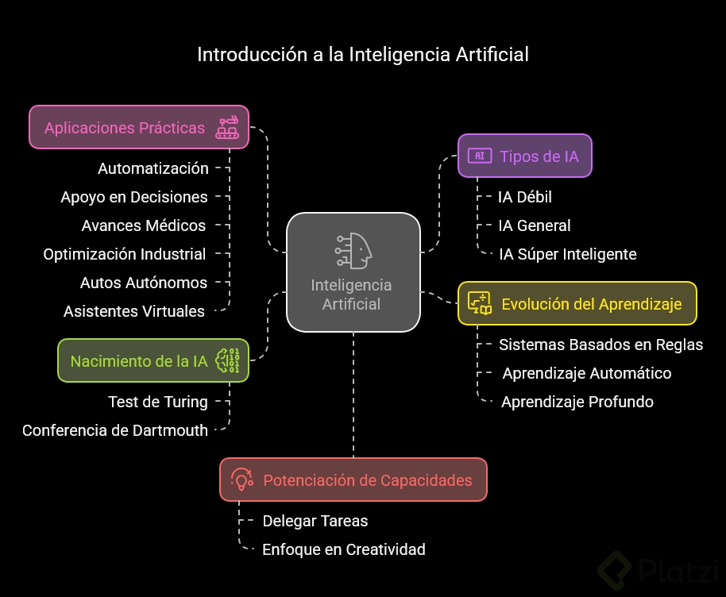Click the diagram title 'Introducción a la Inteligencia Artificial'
tap(362, 55)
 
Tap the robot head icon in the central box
tap(353, 250)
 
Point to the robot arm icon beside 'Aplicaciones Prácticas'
tap(228, 128)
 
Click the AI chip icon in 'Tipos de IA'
tap(479, 156)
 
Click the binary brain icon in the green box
tap(228, 361)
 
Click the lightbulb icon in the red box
tap(241, 480)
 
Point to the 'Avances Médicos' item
tap(144, 225)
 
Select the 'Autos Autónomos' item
tap(144, 283)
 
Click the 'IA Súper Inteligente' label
tap(567, 254)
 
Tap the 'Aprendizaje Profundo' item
tap(577, 402)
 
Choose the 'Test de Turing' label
tap(158, 402)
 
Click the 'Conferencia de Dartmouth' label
tap(115, 430)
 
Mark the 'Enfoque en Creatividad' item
tap(344, 549)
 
